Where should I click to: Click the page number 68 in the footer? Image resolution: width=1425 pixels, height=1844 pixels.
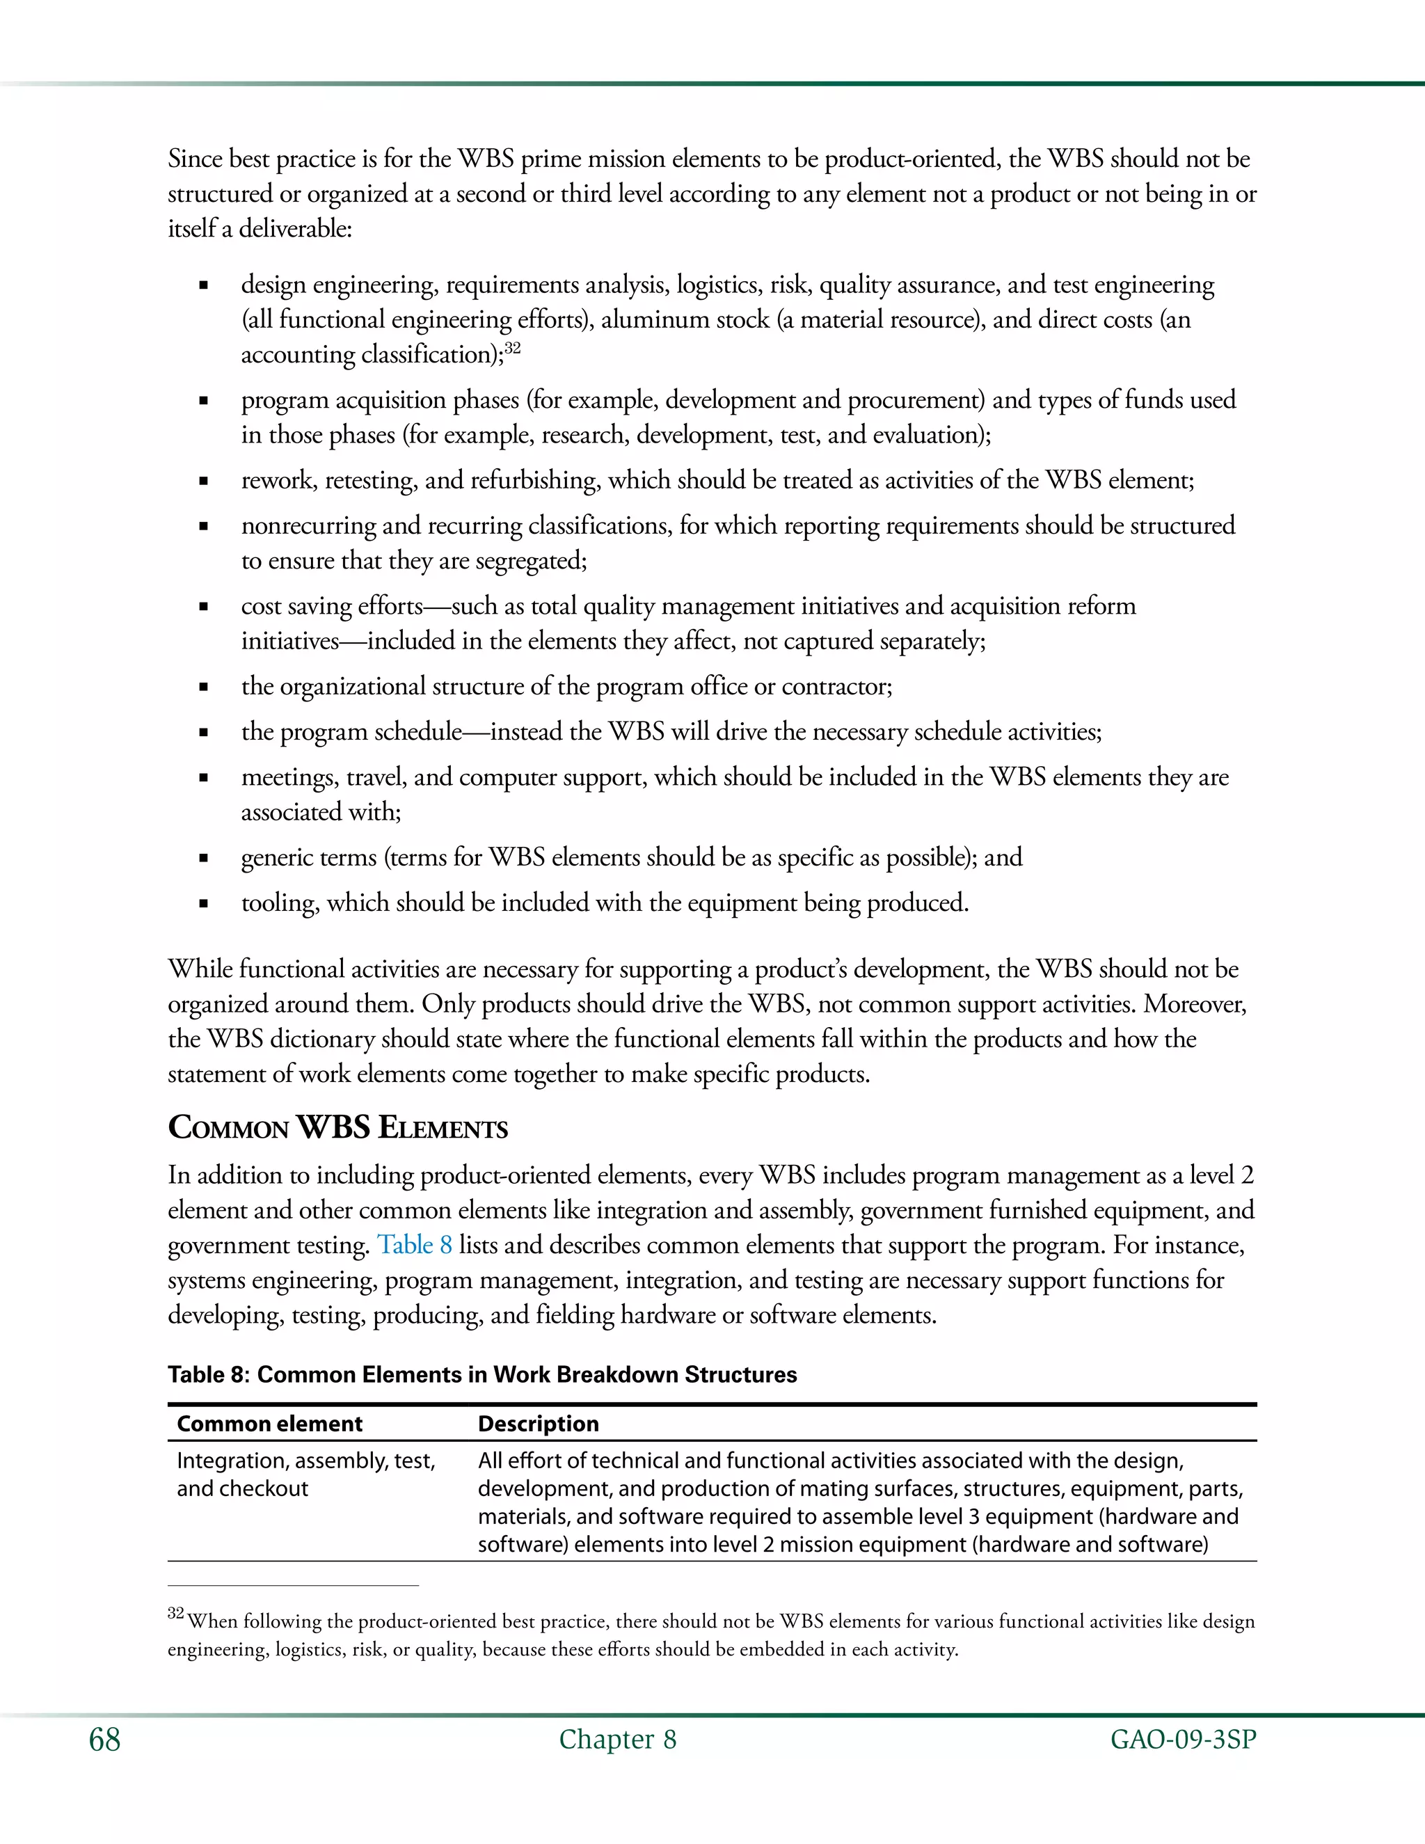point(104,1740)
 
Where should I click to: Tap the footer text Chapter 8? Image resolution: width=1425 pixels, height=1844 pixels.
point(617,1740)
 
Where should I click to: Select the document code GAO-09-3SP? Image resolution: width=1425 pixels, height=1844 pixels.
point(1183,1740)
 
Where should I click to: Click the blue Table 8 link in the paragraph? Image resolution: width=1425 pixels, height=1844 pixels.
point(414,1245)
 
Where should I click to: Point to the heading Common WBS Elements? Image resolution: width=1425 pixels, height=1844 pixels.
point(337,1128)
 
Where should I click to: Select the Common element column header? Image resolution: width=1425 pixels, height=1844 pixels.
point(269,1424)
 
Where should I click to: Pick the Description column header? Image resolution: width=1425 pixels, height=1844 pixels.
point(538,1424)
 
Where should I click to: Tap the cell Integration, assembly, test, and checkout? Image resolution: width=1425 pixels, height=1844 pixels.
point(305,1475)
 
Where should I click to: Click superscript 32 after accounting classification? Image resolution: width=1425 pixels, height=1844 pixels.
point(511,347)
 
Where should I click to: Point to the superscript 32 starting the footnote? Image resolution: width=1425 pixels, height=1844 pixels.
point(175,1613)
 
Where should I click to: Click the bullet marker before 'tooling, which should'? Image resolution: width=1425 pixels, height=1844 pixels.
point(202,903)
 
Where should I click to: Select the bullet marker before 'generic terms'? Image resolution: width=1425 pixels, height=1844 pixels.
point(202,859)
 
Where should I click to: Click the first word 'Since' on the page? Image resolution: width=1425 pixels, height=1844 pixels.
point(195,159)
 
